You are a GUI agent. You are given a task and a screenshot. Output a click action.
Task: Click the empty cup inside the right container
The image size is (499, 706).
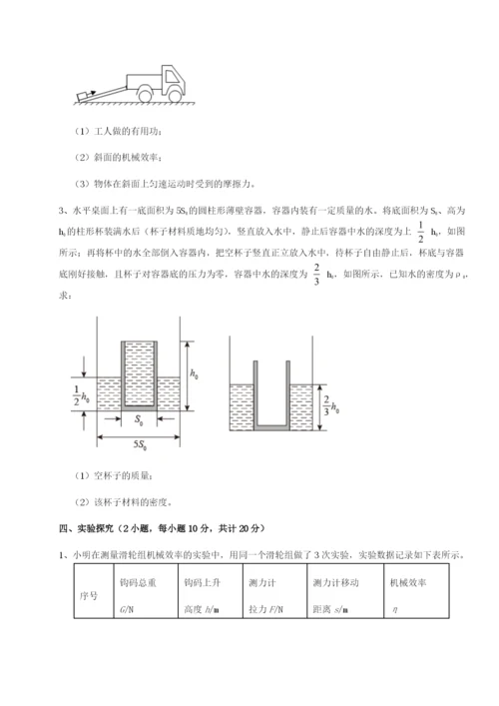pyautogui.click(x=269, y=394)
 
